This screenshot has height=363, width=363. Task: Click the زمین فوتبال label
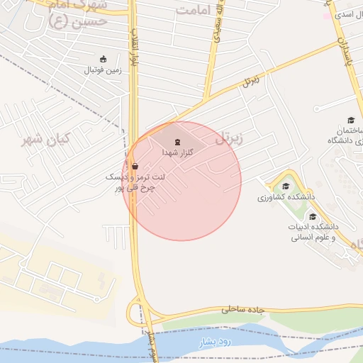click(x=104, y=70)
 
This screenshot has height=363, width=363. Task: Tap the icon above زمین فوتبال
click(x=104, y=59)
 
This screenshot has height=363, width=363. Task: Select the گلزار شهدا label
click(x=177, y=152)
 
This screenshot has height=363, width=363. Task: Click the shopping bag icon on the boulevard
click(x=135, y=167)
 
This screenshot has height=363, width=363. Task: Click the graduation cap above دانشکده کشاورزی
click(x=286, y=186)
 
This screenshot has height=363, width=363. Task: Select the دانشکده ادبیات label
click(x=314, y=227)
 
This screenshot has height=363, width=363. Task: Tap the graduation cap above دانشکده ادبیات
click(x=313, y=216)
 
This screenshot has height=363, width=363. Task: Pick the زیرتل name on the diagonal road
click(x=250, y=81)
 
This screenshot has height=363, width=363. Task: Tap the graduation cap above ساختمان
click(x=350, y=120)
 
